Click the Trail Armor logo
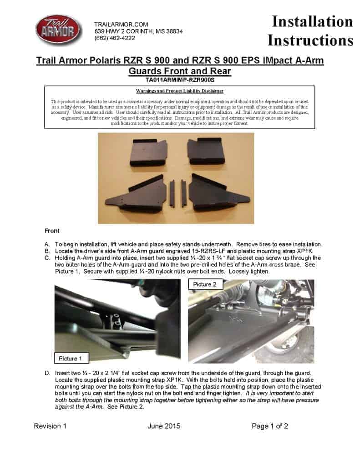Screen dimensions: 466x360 (x=58, y=30)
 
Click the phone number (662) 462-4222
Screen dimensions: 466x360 (x=114, y=38)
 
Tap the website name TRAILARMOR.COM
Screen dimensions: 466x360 (x=121, y=24)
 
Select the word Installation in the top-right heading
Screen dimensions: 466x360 (x=312, y=21)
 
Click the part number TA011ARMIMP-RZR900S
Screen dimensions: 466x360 (x=180, y=79)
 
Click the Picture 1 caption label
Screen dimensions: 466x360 (x=71, y=359)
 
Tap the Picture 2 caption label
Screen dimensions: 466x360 (x=205, y=284)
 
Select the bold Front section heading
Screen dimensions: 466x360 (x=52, y=231)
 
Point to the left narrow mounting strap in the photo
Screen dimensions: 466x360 (x=172, y=193)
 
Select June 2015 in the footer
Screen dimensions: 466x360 (x=164, y=426)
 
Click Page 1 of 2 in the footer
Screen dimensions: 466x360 (x=270, y=426)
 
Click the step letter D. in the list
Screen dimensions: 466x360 (x=47, y=373)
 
